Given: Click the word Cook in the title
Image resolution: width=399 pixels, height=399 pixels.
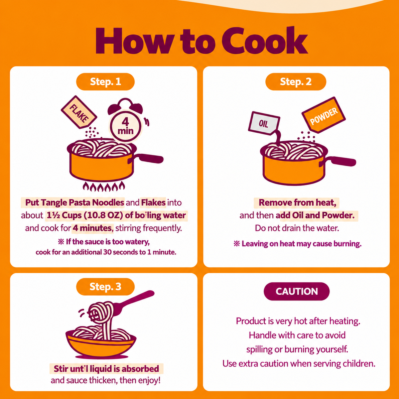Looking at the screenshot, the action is pyautogui.click(x=265, y=41).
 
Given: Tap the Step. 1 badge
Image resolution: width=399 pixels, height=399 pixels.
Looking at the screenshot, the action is pyautogui.click(x=105, y=81).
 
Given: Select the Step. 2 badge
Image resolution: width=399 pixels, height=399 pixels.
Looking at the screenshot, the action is pyautogui.click(x=296, y=81).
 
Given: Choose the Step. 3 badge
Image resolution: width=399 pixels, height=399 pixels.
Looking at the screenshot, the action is pyautogui.click(x=105, y=287).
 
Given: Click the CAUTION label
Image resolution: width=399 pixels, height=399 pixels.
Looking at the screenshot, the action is pyautogui.click(x=297, y=291).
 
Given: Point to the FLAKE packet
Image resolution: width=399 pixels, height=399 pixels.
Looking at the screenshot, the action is pyautogui.click(x=79, y=112).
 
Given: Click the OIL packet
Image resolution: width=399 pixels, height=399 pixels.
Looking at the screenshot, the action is pyautogui.click(x=264, y=123).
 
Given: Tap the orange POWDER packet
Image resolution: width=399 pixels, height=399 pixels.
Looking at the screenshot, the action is pyautogui.click(x=324, y=115).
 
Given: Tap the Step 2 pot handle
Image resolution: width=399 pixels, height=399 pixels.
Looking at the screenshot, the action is pyautogui.click(x=340, y=161).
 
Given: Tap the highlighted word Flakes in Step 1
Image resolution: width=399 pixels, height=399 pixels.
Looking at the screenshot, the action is pyautogui.click(x=153, y=202).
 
